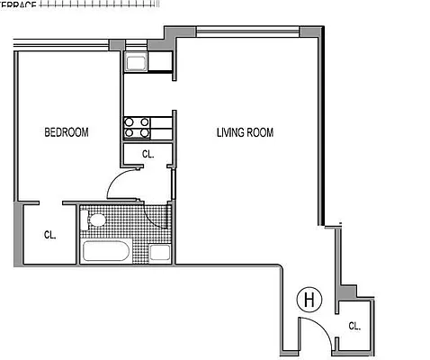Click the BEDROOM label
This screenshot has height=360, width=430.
(67, 133)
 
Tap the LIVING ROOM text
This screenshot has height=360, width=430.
(245, 133)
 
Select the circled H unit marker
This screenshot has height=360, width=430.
(309, 298)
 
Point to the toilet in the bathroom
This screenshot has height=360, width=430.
(94, 220)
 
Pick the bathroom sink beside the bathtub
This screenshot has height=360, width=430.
(160, 251)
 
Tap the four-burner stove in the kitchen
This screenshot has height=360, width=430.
(137, 127)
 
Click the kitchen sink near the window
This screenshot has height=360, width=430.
(137, 62)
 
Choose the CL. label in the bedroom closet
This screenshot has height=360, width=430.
(50, 235)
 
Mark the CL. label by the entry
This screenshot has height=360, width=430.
(354, 327)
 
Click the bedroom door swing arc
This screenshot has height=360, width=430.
(119, 183)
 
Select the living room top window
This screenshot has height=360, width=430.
(247, 32)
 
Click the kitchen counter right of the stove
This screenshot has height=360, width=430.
(162, 127)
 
